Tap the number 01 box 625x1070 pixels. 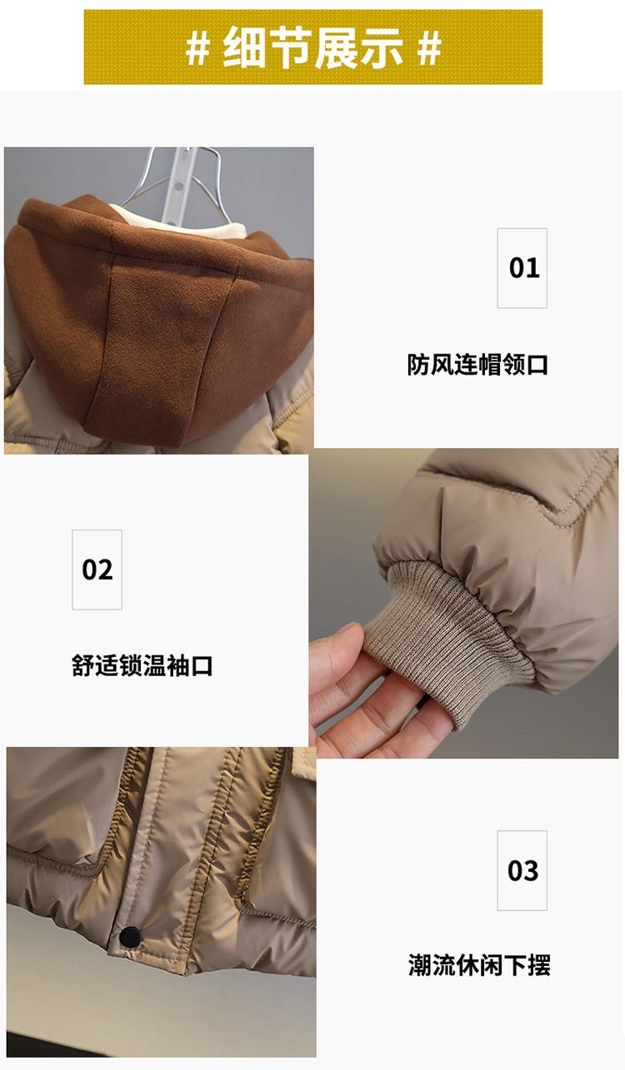[x=522, y=268]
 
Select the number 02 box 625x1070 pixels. [x=97, y=570]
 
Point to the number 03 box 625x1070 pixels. [x=522, y=870]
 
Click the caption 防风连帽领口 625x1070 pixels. [x=477, y=365]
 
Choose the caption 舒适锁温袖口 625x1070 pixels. [x=142, y=665]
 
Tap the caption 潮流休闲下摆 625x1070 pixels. [x=479, y=964]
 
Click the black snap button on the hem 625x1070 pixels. [x=130, y=936]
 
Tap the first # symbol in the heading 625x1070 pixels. [x=197, y=48]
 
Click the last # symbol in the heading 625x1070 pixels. [x=428, y=48]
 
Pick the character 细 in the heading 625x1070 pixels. [x=244, y=47]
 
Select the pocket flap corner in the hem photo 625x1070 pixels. [x=302, y=760]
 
